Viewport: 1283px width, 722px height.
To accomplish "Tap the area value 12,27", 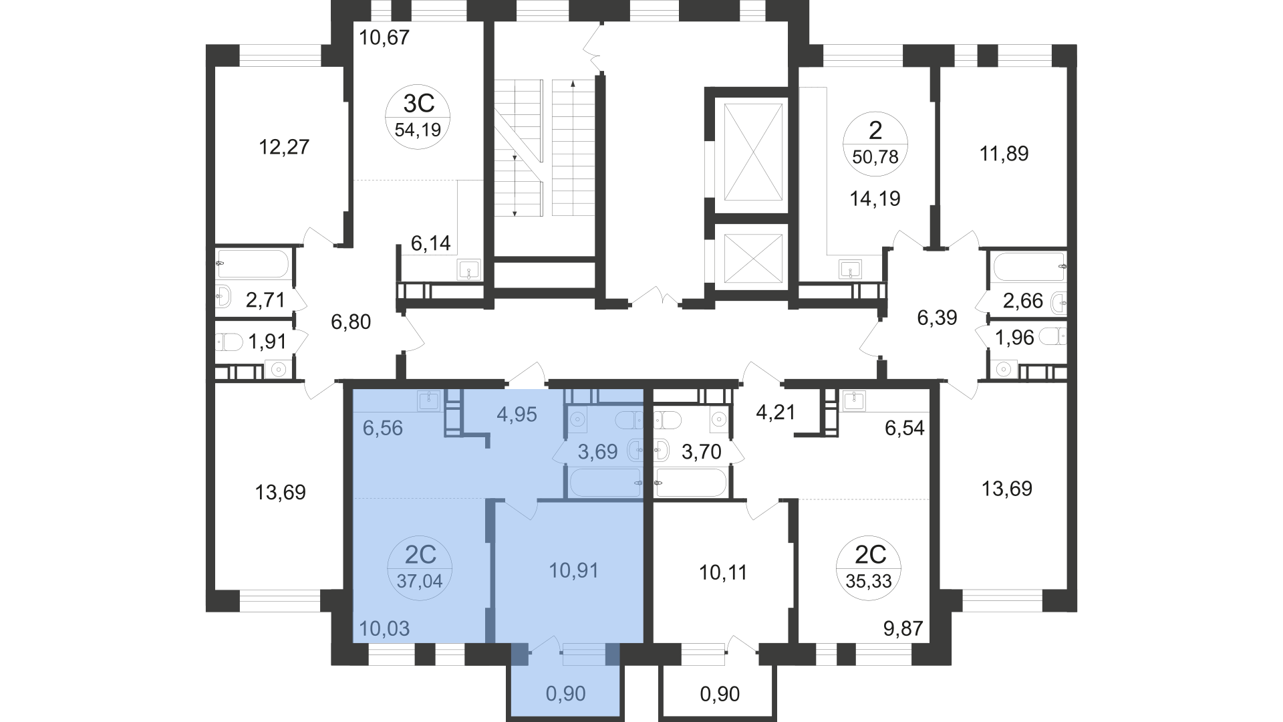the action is (x=284, y=146).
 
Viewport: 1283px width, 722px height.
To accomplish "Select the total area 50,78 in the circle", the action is (x=875, y=158).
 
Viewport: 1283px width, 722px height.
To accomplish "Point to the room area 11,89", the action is (x=1004, y=154).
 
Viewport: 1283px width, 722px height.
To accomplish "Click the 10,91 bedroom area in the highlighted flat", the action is (x=573, y=570).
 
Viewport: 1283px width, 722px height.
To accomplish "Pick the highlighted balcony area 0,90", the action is (x=565, y=694).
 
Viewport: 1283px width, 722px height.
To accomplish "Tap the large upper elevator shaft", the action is (x=753, y=151).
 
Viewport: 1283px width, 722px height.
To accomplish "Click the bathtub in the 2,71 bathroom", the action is (x=253, y=264).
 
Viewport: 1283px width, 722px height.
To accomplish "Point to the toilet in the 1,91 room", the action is (x=229, y=342).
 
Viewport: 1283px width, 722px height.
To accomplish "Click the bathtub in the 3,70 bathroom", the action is (x=691, y=482).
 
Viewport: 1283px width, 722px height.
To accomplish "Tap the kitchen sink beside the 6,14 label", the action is (x=469, y=270).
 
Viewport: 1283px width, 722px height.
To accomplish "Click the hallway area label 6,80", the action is (x=351, y=322).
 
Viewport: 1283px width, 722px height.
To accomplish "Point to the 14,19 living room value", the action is (x=875, y=199).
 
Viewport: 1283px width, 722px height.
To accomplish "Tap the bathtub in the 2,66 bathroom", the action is (x=1029, y=266).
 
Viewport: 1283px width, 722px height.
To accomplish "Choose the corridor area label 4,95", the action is (x=517, y=414).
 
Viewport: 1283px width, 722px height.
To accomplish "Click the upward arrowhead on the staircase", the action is (x=573, y=85).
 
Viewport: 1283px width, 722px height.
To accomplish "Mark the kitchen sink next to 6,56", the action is (x=428, y=400).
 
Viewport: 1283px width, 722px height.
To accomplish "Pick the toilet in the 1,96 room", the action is (x=1053, y=336).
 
